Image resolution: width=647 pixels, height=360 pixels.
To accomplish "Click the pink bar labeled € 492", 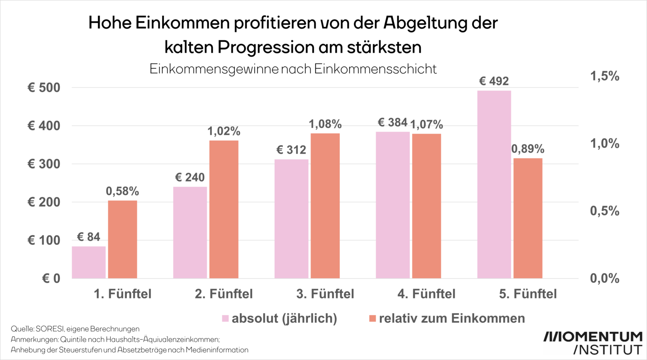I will click(x=494, y=184).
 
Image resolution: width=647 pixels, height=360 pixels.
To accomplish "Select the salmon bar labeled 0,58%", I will click(x=122, y=239).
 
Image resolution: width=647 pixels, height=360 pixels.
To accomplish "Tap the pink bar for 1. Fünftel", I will click(x=89, y=262).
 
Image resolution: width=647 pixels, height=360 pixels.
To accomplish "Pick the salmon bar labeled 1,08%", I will click(x=325, y=206).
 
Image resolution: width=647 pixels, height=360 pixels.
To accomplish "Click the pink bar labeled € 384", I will click(x=392, y=205).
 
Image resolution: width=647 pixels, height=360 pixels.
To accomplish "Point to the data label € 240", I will click(x=190, y=178).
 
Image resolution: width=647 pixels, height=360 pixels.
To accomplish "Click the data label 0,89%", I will click(x=528, y=149).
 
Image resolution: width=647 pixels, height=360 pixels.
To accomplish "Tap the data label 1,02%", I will click(x=224, y=131).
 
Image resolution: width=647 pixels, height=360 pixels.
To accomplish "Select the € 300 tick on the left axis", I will click(x=44, y=164).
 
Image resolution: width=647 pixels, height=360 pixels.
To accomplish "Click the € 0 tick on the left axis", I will click(x=51, y=278).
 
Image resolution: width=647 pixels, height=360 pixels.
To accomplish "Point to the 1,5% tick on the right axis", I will click(x=604, y=76).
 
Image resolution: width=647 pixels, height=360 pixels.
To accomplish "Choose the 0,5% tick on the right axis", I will click(x=604, y=211).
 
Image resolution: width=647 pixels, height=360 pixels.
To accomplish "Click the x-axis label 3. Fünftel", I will click(x=325, y=294).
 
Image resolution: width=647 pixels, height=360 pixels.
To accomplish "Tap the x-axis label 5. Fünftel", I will click(x=528, y=294).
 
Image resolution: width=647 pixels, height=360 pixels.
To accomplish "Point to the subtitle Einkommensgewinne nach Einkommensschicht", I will click(x=293, y=69).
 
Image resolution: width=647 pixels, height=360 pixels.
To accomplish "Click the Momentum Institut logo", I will click(x=593, y=343).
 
